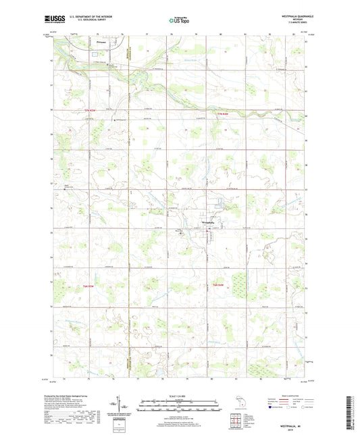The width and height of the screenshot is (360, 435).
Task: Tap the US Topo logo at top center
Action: (179, 21)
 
